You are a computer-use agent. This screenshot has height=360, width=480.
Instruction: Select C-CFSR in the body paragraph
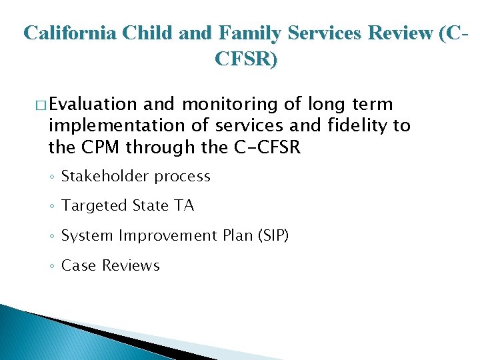pyautogui.click(x=265, y=147)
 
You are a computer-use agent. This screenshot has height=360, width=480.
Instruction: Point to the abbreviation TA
pyautogui.click(x=184, y=206)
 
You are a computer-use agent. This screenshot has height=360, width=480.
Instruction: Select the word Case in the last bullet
pyautogui.click(x=78, y=265)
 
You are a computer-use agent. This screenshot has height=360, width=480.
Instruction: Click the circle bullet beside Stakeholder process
pyautogui.click(x=52, y=177)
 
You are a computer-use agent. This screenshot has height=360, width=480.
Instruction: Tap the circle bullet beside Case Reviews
pyautogui.click(x=52, y=266)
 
